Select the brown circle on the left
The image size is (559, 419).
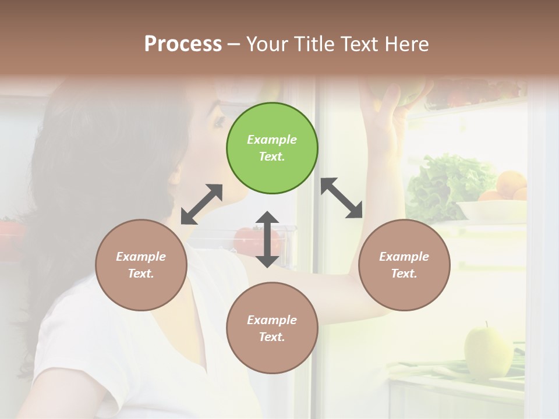tap(141, 265)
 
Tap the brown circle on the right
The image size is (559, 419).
tap(404, 265)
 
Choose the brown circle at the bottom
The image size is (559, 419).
tap(272, 328)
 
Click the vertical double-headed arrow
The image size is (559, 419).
tap(267, 239)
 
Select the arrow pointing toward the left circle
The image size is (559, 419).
tap(201, 204)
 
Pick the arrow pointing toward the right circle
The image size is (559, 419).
tap(342, 198)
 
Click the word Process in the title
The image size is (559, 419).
tap(183, 44)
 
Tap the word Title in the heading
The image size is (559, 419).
tap(315, 44)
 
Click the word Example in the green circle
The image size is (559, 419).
tap(272, 140)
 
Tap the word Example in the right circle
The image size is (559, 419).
tap(404, 257)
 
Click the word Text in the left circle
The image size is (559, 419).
tap(140, 274)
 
